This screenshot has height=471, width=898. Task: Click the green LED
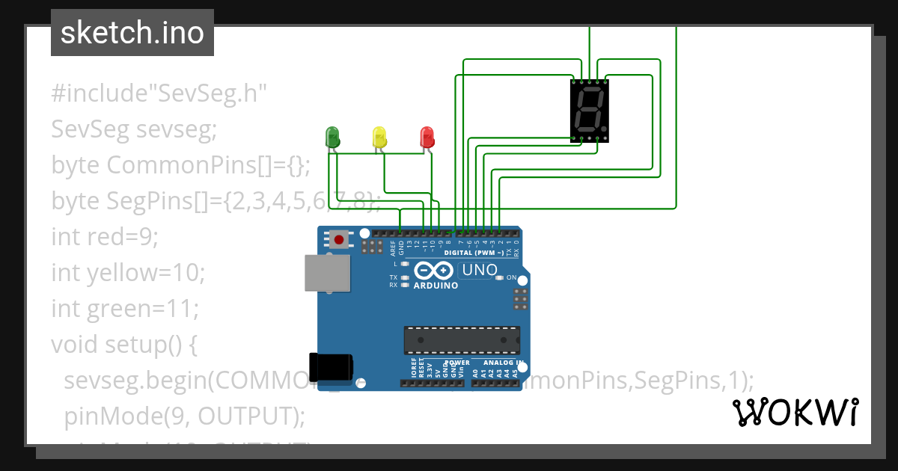[x=332, y=138]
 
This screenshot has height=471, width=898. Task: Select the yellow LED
[x=379, y=138]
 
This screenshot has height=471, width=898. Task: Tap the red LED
[x=427, y=138]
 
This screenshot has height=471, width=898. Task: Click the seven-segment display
[x=589, y=110]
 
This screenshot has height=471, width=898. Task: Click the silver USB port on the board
[x=327, y=273]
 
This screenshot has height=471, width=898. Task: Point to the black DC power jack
[x=332, y=366]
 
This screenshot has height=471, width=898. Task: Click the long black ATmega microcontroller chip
[x=462, y=339]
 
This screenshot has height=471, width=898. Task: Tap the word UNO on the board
[x=479, y=270]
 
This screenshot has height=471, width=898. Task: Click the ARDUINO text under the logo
[x=436, y=286]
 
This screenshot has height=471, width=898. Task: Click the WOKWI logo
[x=795, y=412]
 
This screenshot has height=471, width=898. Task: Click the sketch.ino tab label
[x=132, y=33]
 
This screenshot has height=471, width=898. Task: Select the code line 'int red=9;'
[x=105, y=236]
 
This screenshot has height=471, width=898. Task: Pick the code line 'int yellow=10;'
[x=128, y=272]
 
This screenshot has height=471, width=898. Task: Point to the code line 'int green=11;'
[x=123, y=308]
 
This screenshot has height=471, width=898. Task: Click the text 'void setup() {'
[x=123, y=344]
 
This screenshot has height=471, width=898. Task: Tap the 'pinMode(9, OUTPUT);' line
[x=184, y=416]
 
